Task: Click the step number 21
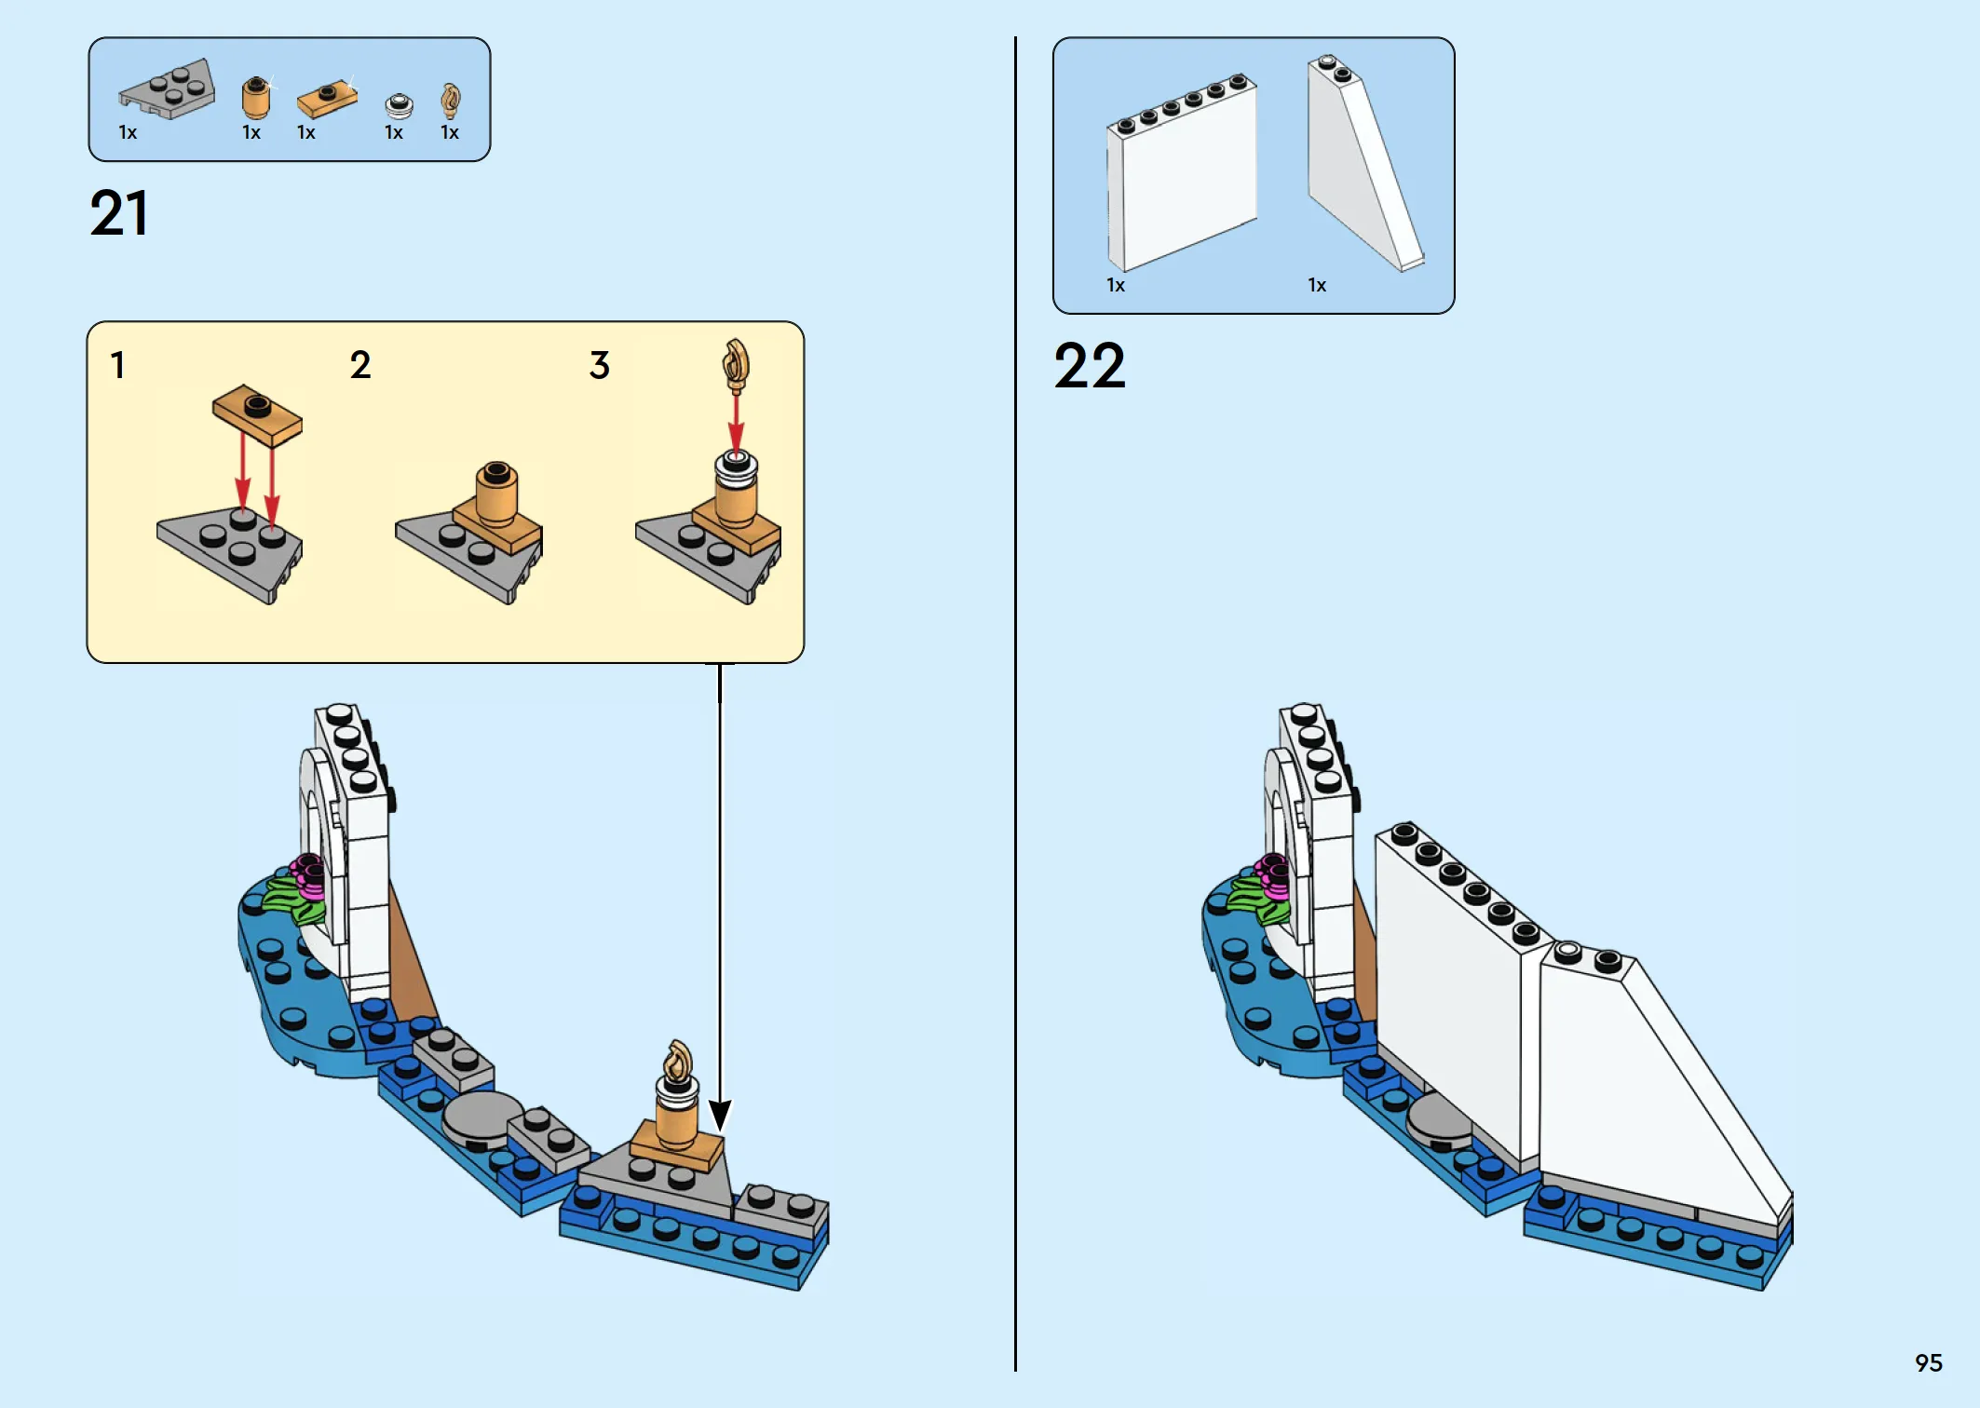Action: [x=119, y=213]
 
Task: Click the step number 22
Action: [x=1089, y=365]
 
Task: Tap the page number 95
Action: [x=1928, y=1362]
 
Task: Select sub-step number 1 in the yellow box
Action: [x=117, y=365]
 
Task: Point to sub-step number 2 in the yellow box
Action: [x=360, y=365]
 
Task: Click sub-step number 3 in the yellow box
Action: [x=600, y=365]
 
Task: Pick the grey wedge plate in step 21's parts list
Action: [x=168, y=90]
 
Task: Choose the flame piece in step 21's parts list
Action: [x=451, y=101]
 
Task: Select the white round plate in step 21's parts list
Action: [x=399, y=105]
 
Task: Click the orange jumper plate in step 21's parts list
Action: [x=326, y=99]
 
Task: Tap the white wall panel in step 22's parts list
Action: [x=1181, y=172]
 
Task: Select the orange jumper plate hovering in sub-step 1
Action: [x=258, y=415]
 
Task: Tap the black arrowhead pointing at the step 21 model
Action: [x=720, y=1114]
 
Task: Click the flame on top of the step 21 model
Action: [x=678, y=1063]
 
